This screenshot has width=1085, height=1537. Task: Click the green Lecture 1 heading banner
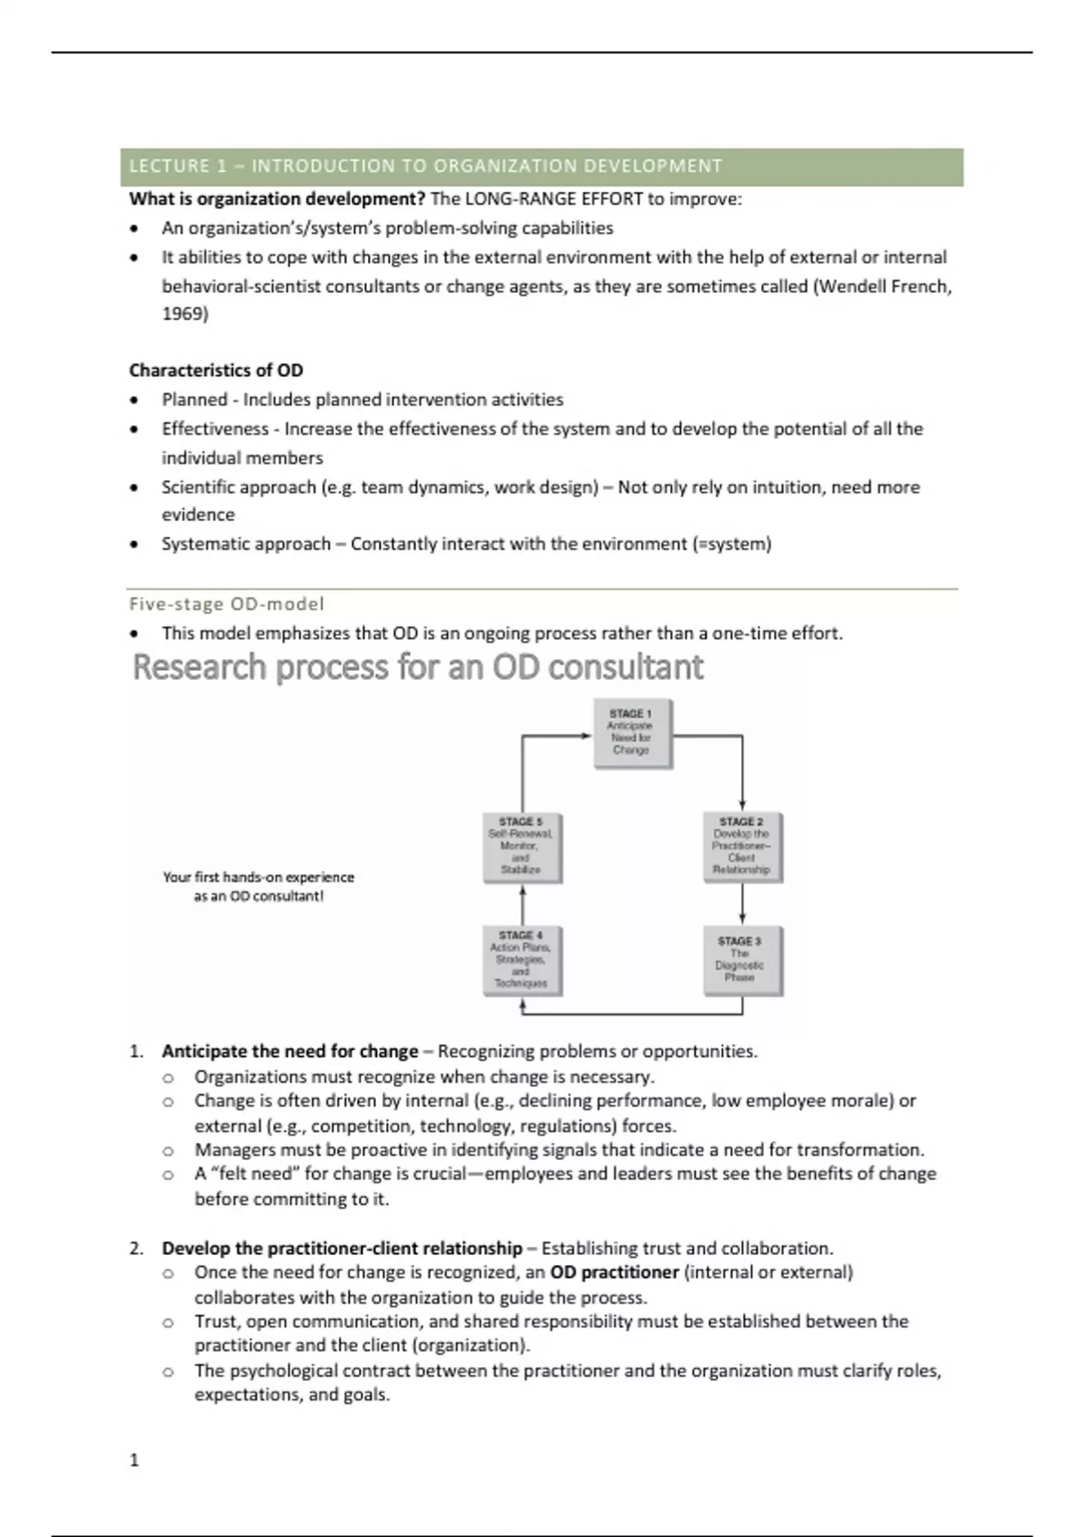(x=542, y=166)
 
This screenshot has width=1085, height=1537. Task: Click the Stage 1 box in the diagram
(x=632, y=733)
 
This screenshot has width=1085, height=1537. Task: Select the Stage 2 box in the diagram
(x=741, y=846)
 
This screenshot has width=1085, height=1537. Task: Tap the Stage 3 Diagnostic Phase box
(x=741, y=960)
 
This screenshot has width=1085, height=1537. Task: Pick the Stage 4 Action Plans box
(x=522, y=960)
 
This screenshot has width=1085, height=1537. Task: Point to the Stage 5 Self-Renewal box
(x=522, y=846)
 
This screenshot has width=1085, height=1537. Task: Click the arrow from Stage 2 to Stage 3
(x=742, y=904)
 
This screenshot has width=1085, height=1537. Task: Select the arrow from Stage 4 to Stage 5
(x=523, y=904)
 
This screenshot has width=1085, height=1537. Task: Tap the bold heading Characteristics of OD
(x=216, y=371)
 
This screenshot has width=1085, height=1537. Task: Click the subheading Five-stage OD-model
(x=226, y=604)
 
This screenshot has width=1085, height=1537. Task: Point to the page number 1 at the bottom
(x=135, y=1460)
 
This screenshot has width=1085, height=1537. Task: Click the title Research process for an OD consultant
(x=418, y=667)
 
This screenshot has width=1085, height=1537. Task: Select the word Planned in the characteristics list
(x=194, y=400)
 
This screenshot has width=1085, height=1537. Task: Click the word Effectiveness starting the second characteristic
(x=215, y=429)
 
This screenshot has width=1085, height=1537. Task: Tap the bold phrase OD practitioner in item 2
(x=614, y=1273)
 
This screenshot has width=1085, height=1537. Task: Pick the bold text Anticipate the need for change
(x=290, y=1051)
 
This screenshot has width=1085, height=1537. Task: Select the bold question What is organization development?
(x=277, y=199)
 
